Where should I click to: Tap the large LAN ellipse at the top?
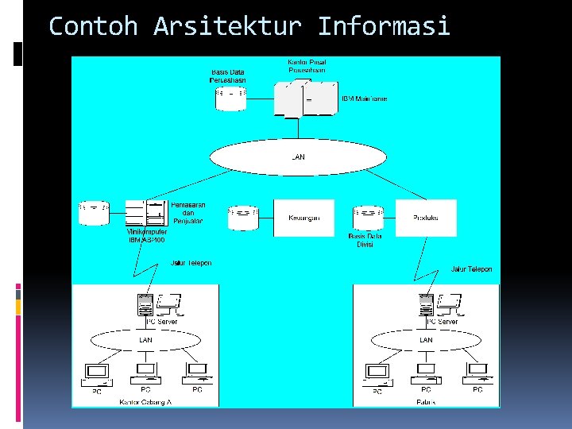(x=297, y=157)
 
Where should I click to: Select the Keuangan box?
(x=303, y=218)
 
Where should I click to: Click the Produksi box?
(x=426, y=218)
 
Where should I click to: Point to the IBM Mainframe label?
(x=365, y=99)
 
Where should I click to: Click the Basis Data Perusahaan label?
(x=228, y=76)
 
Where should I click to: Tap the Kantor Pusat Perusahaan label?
(x=306, y=66)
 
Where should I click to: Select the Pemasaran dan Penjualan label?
(x=188, y=212)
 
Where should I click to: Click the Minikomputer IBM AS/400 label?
(x=148, y=236)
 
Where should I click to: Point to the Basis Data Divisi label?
(x=365, y=240)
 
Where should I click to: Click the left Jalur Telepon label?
(x=191, y=263)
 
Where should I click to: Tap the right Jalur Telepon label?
(x=471, y=269)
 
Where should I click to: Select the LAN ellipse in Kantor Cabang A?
(x=146, y=340)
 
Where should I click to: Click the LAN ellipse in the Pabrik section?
(x=427, y=340)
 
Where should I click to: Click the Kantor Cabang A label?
(x=145, y=402)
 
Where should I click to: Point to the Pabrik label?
(x=426, y=402)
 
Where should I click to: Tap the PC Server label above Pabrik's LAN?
(x=442, y=322)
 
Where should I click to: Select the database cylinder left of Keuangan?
(x=244, y=218)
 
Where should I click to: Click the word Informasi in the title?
(x=384, y=26)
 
